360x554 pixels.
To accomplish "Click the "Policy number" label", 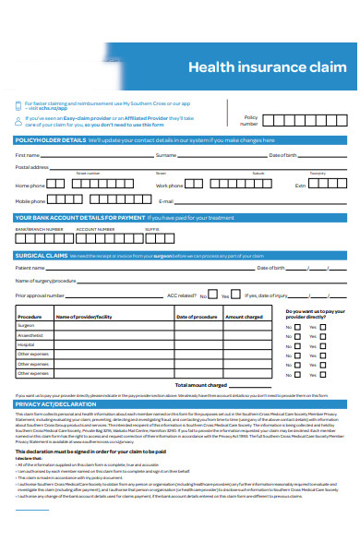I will [250, 120].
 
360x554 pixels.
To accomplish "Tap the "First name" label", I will [28, 154].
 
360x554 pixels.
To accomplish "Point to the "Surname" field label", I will [166, 154].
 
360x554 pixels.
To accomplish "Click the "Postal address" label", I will [32, 167].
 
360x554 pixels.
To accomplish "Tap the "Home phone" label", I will [30, 185].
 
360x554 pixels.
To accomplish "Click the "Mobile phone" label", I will [30, 199].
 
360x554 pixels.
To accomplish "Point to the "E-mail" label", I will [166, 200].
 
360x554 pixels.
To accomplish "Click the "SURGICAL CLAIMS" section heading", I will [42, 254].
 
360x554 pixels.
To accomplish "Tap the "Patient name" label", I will [30, 268].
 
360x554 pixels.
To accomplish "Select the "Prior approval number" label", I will [40, 295].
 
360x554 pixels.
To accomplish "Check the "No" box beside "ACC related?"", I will [212, 295].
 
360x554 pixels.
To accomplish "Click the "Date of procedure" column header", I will [196, 316].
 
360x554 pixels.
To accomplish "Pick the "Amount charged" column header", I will [245, 316].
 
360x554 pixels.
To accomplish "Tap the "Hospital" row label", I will [26, 344].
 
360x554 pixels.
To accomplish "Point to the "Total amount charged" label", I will [201, 384].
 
